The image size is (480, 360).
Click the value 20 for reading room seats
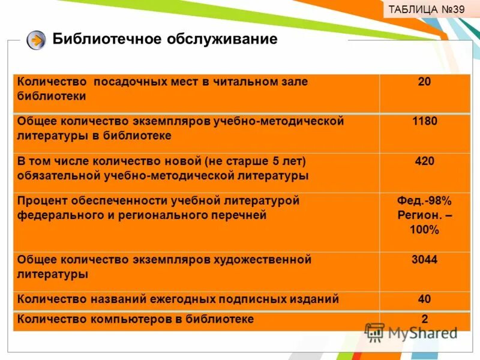[x=424, y=82]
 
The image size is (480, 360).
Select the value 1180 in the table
[x=424, y=121]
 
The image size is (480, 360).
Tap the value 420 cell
[x=424, y=161]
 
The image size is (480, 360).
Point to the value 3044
[x=424, y=260]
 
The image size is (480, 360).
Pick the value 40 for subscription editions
[x=424, y=299]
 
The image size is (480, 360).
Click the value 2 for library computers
[x=424, y=319]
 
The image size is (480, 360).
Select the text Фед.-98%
[x=424, y=200]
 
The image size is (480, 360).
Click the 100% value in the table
[x=424, y=230]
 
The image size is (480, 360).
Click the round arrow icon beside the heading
[x=36, y=41]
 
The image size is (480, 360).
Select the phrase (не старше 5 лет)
[x=255, y=161]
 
